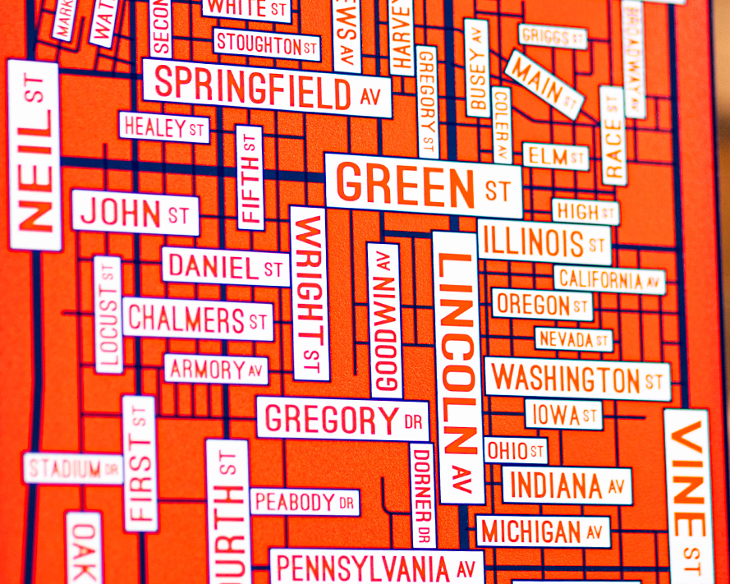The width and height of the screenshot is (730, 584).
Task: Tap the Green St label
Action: pyautogui.click(x=423, y=186)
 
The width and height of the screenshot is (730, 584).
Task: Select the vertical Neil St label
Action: pyautogui.click(x=35, y=156)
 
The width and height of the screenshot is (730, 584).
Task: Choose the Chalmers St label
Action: pyautogui.click(x=198, y=320)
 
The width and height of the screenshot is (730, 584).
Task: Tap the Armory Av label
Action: pyautogui.click(x=217, y=369)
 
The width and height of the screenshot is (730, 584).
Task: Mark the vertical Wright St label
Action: pyautogui.click(x=310, y=293)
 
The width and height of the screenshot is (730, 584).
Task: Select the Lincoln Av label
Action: pyautogui.click(x=457, y=366)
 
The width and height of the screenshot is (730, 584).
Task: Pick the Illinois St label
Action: pyautogui.click(x=544, y=242)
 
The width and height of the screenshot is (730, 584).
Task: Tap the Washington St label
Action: pyautogui.click(x=576, y=379)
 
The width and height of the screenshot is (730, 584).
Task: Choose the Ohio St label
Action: pyautogui.click(x=516, y=450)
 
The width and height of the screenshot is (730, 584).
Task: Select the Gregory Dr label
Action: pyautogui.click(x=342, y=420)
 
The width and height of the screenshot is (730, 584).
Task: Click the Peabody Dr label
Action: pyautogui.click(x=304, y=501)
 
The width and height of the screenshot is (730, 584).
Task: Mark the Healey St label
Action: pyautogui.click(x=164, y=127)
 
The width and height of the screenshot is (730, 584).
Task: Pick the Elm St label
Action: pyautogui.click(x=556, y=155)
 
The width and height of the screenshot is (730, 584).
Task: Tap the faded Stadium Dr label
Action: pyautogui.click(x=73, y=469)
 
